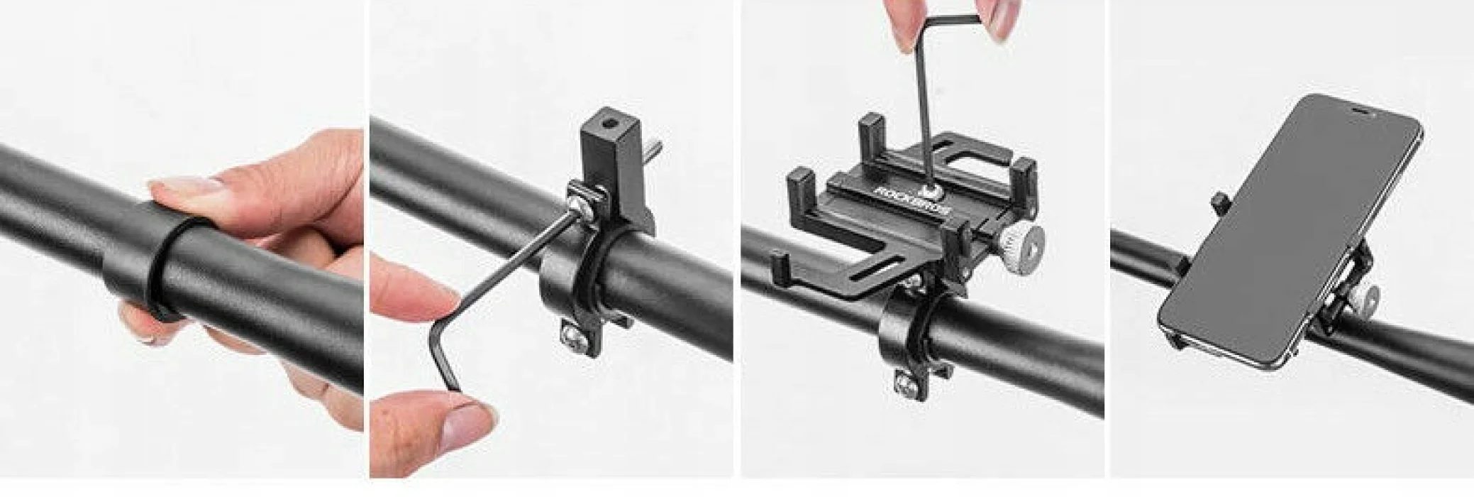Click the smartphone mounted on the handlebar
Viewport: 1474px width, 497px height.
(x=1290, y=232)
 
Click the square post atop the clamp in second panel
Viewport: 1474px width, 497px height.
(x=607, y=145)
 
